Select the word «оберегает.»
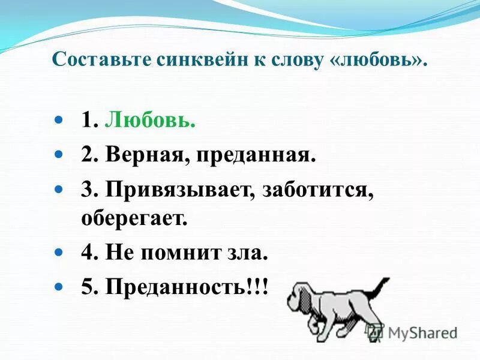[x=134, y=217]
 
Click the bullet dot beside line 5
[x=58, y=287]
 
